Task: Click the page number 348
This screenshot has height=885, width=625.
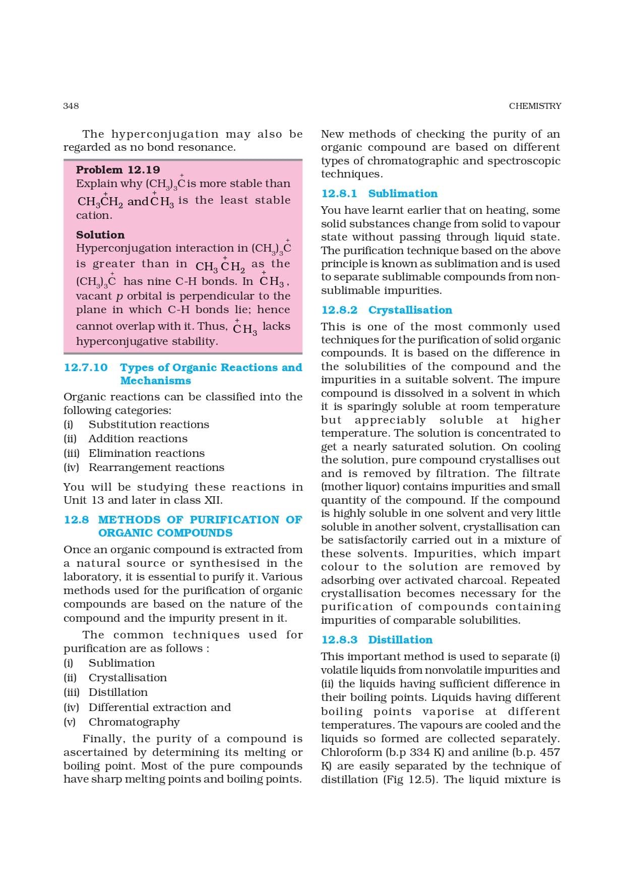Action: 71,106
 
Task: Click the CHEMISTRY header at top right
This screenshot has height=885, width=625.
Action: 535,106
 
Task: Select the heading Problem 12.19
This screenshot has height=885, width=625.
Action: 118,170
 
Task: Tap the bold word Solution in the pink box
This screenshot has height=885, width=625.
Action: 100,235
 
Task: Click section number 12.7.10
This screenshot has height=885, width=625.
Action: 86,368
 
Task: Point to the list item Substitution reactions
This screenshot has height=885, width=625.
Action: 149,425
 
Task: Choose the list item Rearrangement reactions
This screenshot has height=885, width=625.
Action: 156,467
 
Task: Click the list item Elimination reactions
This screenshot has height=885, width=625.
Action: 147,453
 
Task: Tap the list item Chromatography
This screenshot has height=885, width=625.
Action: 134,722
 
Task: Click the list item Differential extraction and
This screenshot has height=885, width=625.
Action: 160,707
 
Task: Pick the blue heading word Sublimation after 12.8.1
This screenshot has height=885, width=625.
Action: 403,194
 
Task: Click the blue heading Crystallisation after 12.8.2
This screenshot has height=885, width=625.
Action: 410,310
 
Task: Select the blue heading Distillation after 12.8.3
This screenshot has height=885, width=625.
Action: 400,640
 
